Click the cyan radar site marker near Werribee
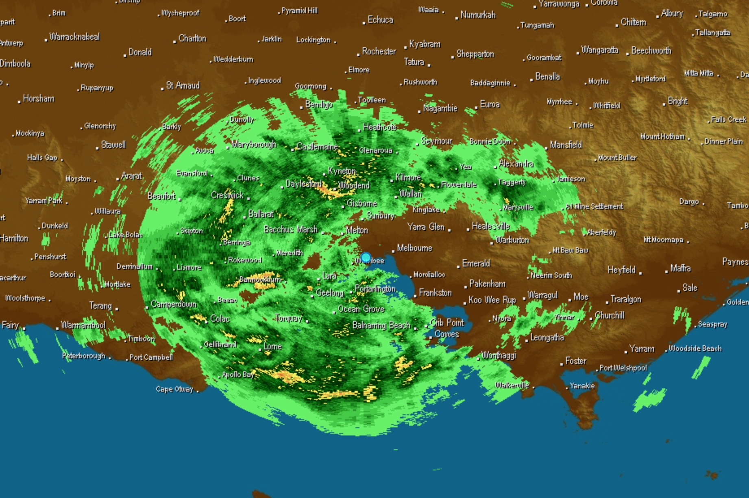point(366,258)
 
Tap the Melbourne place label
point(414,248)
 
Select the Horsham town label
point(38,99)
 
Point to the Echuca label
point(380,19)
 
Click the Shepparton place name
point(475,54)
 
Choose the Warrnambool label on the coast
point(83,325)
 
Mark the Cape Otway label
point(174,389)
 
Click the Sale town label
point(690,288)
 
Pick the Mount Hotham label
point(662,136)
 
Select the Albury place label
point(672,13)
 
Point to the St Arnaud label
point(183,85)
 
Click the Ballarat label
point(261,214)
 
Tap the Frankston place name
point(435,293)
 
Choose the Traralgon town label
point(625,299)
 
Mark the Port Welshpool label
point(623,368)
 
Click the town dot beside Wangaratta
point(578,53)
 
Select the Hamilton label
point(14,238)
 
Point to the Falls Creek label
point(728,119)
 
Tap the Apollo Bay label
point(238,375)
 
